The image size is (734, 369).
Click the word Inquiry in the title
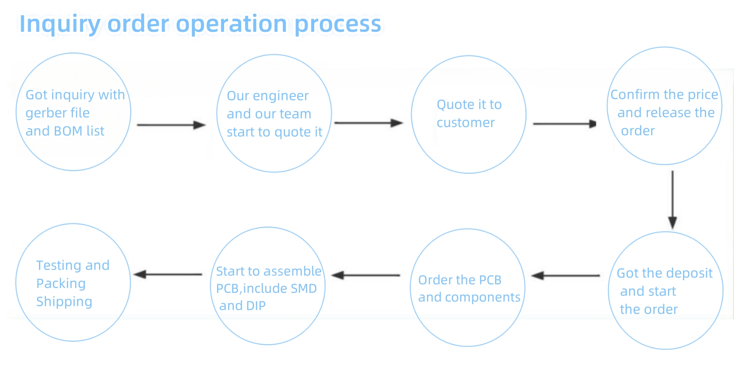[60, 24]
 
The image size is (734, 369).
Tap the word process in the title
[338, 24]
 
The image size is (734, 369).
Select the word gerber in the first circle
[45, 114]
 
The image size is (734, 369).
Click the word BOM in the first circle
[68, 131]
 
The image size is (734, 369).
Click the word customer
[466, 123]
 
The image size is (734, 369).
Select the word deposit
[691, 274]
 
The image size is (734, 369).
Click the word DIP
[255, 306]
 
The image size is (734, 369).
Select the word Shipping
[64, 302]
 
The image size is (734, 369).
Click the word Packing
[61, 284]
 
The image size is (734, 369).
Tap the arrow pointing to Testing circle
[168, 274]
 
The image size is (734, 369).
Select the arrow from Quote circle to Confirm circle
[564, 124]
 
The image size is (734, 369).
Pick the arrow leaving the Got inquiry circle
[171, 125]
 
